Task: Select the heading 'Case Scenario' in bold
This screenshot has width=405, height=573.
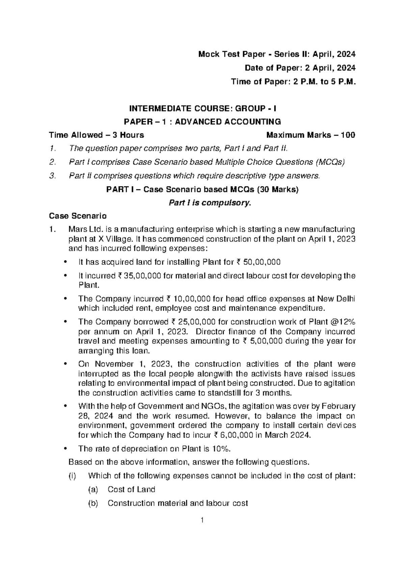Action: pyautogui.click(x=78, y=216)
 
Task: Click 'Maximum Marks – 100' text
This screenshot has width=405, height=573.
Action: pyautogui.click(x=310, y=135)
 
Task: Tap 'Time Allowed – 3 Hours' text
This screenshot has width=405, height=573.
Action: pyautogui.click(x=97, y=135)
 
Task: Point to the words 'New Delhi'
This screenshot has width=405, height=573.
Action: pyautogui.click(x=339, y=299)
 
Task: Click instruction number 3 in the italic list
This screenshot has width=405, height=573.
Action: pyautogui.click(x=52, y=176)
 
